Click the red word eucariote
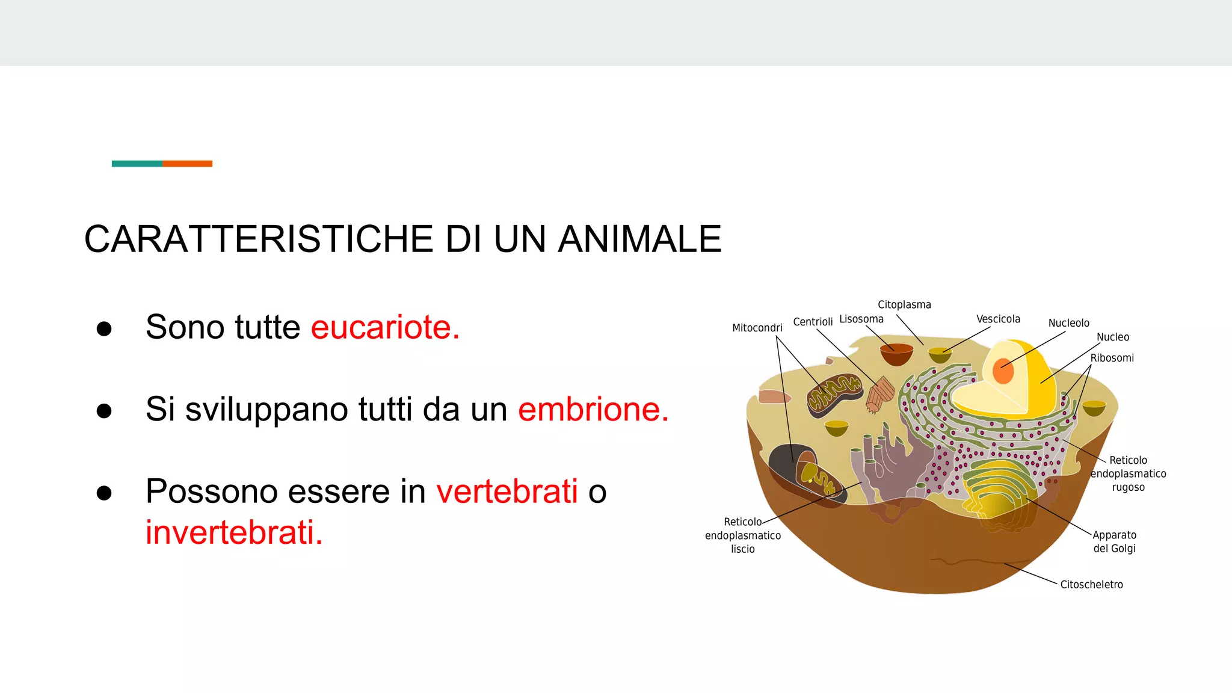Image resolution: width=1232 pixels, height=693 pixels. tap(385, 327)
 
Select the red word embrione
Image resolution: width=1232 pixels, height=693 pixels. tap(593, 410)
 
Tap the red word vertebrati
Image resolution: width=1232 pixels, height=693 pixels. tap(507, 491)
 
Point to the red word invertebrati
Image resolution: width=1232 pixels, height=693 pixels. tap(234, 532)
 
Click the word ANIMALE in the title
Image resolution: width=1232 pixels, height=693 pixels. tap(639, 239)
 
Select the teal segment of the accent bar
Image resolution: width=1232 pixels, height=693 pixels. tap(137, 164)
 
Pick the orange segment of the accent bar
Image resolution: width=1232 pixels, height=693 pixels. tap(187, 164)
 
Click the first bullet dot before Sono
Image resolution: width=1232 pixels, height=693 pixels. tap(104, 328)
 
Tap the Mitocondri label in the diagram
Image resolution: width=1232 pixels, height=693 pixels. tap(757, 328)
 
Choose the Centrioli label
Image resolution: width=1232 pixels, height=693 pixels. tap(813, 322)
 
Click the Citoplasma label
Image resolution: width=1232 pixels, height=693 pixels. tap(904, 305)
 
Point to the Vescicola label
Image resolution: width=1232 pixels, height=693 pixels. tap(998, 319)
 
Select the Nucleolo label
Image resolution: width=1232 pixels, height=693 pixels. tap(1068, 323)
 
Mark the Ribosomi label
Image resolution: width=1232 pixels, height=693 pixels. tap(1112, 358)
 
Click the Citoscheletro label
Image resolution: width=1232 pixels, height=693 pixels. tap(1091, 585)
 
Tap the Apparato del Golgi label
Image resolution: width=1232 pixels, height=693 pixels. tap(1114, 541)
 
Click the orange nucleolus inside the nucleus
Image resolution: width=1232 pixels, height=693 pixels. tap(1003, 371)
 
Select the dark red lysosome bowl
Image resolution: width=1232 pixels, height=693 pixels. tap(896, 354)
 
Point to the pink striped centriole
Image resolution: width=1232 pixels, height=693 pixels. tap(880, 394)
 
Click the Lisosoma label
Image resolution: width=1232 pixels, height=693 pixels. tap(861, 319)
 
